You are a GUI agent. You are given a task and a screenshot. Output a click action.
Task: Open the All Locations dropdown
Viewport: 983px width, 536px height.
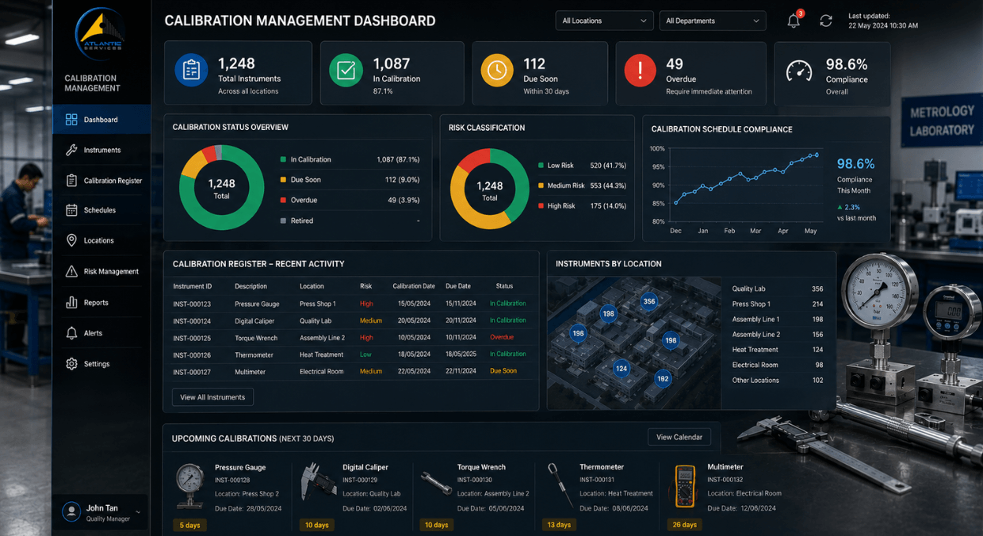[x=604, y=21]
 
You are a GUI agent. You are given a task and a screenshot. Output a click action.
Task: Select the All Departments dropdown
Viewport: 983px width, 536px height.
[x=713, y=21]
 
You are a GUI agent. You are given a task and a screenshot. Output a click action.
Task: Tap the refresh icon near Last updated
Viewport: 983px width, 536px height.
[x=826, y=21]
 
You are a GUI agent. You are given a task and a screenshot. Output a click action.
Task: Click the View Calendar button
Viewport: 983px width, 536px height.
[x=679, y=437]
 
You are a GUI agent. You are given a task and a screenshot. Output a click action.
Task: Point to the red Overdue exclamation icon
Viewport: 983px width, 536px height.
[x=640, y=71]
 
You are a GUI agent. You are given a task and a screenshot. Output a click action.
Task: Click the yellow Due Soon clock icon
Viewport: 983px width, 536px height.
[x=497, y=71]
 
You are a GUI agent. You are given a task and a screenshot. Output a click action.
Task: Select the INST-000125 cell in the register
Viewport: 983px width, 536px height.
[x=192, y=338]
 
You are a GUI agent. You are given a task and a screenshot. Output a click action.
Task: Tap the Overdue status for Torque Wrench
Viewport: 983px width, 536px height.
[x=502, y=337]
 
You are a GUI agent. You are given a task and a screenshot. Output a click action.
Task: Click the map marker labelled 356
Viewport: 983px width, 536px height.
[x=649, y=301]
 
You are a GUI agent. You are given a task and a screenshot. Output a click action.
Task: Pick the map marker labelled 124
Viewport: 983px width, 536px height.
[x=622, y=369]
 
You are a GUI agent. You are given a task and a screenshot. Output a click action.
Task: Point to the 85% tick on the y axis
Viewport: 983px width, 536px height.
[x=658, y=203]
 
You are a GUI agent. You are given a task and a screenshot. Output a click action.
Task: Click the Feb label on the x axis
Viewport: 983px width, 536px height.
[x=729, y=231]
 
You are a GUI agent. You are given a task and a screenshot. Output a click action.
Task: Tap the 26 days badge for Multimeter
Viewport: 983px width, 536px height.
[x=684, y=525]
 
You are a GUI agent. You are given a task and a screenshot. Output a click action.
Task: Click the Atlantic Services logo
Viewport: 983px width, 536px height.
[x=101, y=34]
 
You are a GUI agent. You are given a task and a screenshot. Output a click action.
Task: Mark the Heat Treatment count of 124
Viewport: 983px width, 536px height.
[x=817, y=350]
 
